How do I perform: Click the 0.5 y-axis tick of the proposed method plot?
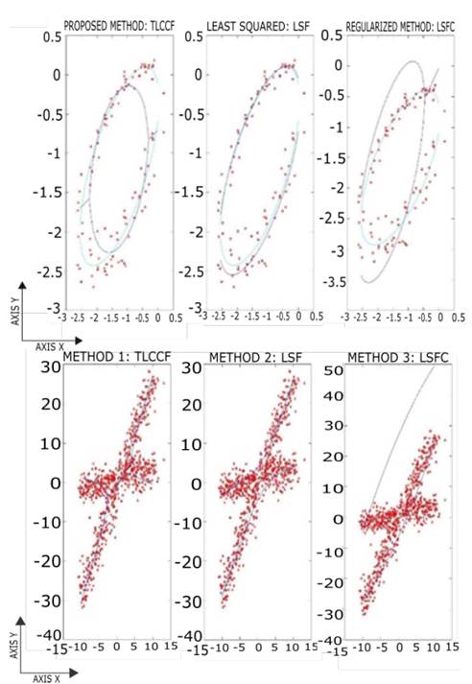click(45, 35)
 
